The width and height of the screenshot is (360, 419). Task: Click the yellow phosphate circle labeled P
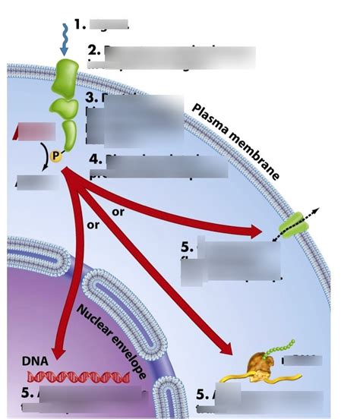click(54, 156)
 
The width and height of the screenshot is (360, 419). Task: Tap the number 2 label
click(93, 51)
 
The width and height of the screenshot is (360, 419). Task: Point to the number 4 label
click(94, 159)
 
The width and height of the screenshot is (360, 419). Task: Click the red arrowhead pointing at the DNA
click(53, 350)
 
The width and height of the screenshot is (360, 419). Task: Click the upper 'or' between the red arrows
click(118, 213)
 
